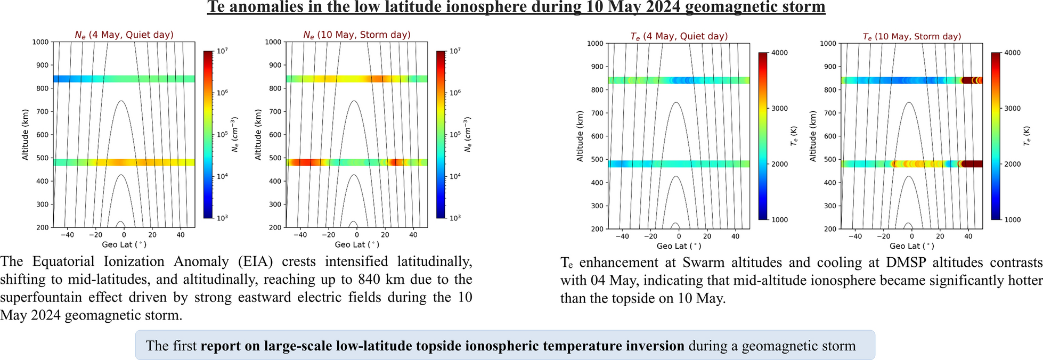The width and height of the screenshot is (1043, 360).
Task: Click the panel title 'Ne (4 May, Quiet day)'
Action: [124, 35]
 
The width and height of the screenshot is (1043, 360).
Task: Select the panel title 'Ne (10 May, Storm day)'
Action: [357, 35]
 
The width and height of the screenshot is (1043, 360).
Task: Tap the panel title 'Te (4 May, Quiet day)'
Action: [679, 36]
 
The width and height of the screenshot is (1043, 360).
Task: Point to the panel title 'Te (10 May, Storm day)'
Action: [912, 36]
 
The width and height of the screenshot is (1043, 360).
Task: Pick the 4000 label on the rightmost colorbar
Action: [1012, 53]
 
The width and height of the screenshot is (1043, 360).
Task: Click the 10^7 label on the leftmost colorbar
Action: [223, 51]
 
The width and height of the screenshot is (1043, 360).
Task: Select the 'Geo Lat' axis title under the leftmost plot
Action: [124, 244]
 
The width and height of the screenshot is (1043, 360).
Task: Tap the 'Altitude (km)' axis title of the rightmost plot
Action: [813, 136]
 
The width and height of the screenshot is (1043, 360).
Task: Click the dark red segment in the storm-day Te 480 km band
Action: [972, 164]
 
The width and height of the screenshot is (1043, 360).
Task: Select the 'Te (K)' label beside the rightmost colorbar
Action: [1027, 136]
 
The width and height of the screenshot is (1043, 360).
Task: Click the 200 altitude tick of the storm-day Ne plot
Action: [275, 227]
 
